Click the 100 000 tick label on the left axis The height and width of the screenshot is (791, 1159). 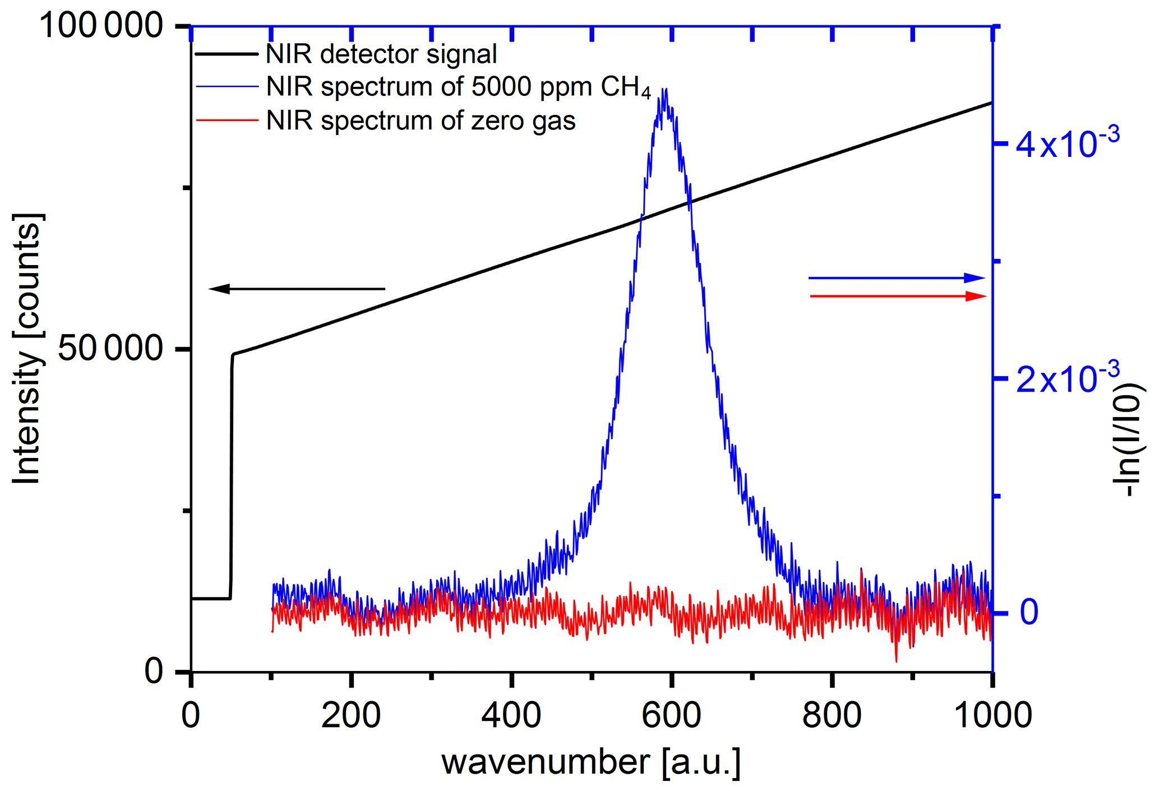[101, 26]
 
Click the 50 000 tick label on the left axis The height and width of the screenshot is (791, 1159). [110, 348]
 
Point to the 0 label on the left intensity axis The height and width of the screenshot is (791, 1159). [154, 670]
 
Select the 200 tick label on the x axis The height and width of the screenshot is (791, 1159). [351, 716]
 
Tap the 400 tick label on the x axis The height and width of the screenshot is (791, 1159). [511, 716]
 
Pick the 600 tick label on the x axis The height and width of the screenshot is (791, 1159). [671, 716]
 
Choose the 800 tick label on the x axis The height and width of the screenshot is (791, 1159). [832, 716]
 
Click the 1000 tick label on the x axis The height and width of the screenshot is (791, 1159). [992, 716]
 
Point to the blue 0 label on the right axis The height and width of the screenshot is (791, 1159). [1029, 612]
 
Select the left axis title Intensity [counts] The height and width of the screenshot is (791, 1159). [27, 349]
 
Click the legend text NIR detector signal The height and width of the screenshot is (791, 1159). [381, 54]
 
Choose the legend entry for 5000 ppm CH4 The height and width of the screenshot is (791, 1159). [458, 87]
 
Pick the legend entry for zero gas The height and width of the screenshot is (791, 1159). [421, 121]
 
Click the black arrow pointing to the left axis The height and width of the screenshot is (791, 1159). [297, 289]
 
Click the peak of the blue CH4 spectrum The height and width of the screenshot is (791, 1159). [664, 90]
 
